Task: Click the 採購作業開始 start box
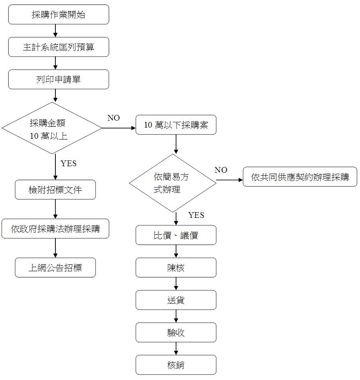point(59,14)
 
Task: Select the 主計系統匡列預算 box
point(59,47)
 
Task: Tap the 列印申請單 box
point(59,79)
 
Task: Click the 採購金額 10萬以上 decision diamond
point(52,128)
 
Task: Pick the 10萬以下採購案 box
point(176,125)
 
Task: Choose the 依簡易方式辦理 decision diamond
point(172,183)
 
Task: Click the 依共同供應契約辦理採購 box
point(300,177)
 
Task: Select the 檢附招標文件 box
point(55,190)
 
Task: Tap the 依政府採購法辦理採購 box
point(55,229)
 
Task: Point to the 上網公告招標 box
point(55,268)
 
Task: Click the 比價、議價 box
point(176,235)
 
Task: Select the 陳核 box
point(176,268)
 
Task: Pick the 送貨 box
point(176,300)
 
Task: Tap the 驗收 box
point(176,332)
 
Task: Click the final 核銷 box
point(176,365)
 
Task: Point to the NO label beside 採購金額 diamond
point(113,118)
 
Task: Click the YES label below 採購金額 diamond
point(69,163)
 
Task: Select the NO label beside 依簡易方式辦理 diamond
point(221,170)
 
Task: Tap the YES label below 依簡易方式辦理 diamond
point(196,215)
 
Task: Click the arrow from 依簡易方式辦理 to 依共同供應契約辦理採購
point(229,180)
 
